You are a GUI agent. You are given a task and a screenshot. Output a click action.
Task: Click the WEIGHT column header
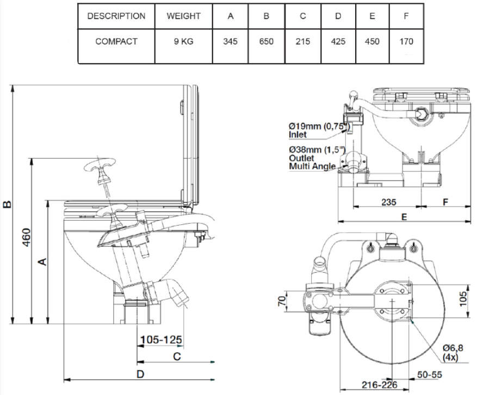pos(184,16)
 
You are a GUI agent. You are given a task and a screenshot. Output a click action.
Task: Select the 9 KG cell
pos(184,41)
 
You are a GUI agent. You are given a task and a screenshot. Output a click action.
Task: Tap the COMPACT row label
pos(116,41)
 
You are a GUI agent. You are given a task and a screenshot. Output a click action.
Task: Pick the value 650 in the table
pos(267,41)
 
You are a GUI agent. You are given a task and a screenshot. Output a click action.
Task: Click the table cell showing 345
pos(231,41)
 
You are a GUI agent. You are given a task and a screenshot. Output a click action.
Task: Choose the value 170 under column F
pos(406,41)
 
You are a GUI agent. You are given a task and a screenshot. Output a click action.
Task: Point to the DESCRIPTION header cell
pos(116,16)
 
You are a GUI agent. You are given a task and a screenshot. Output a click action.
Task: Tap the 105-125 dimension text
pos(161,340)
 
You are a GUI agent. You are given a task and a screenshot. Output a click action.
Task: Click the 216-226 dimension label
pos(380,385)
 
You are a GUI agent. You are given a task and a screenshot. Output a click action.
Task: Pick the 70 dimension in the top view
pos(281,300)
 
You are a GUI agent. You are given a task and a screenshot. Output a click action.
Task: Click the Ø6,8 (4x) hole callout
pos(452,352)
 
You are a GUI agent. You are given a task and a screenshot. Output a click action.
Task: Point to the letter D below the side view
pos(140,374)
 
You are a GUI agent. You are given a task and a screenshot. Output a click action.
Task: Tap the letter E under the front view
pos(404,216)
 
